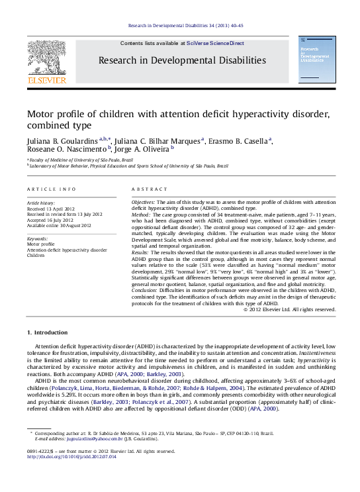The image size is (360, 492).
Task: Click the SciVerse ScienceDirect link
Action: [x=215, y=43]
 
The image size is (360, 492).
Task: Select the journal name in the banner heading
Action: [x=182, y=60]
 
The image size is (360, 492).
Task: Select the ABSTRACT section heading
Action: [x=149, y=189]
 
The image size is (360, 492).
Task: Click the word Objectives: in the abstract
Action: [x=143, y=201]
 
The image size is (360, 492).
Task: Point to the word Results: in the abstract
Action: [x=140, y=252]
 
